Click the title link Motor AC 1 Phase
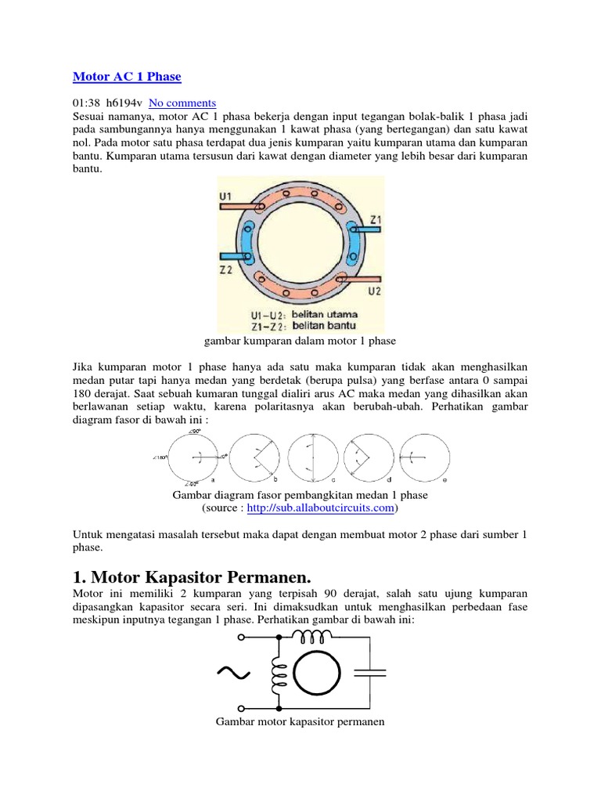127,77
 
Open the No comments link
182,103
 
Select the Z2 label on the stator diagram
226,269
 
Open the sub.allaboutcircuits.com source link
321,508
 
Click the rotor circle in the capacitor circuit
312,672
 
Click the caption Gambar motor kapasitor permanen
300,721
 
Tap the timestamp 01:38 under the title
87,103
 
